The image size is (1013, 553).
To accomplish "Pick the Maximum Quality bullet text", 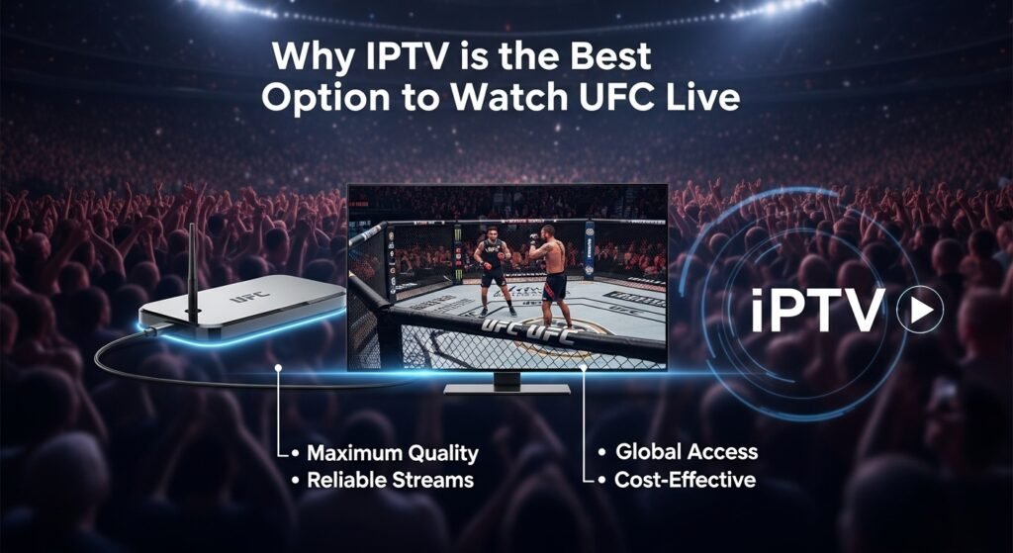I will [x=392, y=454].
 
